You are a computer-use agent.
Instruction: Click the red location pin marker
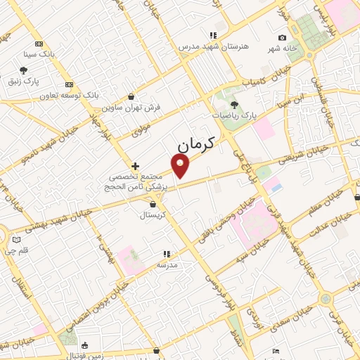tap(181, 165)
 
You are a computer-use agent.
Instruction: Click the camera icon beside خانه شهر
tap(282, 38)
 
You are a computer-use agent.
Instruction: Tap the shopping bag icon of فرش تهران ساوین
tap(131, 97)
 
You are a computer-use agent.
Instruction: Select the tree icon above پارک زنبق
tap(24, 70)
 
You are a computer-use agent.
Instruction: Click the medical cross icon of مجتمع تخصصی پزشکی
tap(136, 166)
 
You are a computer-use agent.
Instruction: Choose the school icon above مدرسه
tap(167, 254)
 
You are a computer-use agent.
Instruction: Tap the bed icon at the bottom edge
tap(276, 351)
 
